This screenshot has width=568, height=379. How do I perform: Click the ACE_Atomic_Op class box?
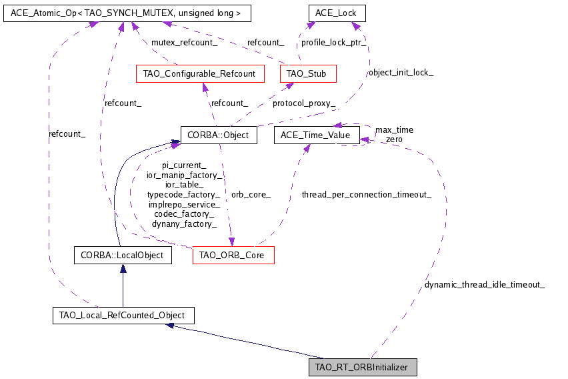tap(117, 13)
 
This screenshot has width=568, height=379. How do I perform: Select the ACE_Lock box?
tap(337, 13)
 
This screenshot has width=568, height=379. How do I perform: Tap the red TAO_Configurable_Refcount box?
tap(199, 73)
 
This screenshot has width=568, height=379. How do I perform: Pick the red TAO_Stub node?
tap(307, 73)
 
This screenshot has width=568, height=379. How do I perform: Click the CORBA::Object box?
tap(219, 135)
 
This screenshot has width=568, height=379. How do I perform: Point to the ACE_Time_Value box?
tap(317, 135)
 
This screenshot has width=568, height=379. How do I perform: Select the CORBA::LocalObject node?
tap(122, 255)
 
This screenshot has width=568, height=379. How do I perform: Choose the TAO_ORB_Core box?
tap(233, 255)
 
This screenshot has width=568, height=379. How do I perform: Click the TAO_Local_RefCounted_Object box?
tap(123, 315)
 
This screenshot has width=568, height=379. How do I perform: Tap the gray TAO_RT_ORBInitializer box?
tap(363, 367)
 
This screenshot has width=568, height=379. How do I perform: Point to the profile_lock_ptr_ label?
tap(331, 42)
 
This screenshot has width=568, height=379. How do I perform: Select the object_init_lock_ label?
tap(401, 72)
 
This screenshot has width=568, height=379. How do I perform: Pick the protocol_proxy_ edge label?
tap(304, 103)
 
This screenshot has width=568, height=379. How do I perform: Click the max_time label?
tap(394, 129)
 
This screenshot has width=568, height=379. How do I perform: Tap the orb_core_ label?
tap(251, 195)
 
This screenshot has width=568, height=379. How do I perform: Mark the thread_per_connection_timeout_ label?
tap(366, 195)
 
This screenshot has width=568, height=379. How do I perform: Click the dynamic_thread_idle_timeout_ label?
tap(485, 285)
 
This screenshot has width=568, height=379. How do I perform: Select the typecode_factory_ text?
tap(183, 194)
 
